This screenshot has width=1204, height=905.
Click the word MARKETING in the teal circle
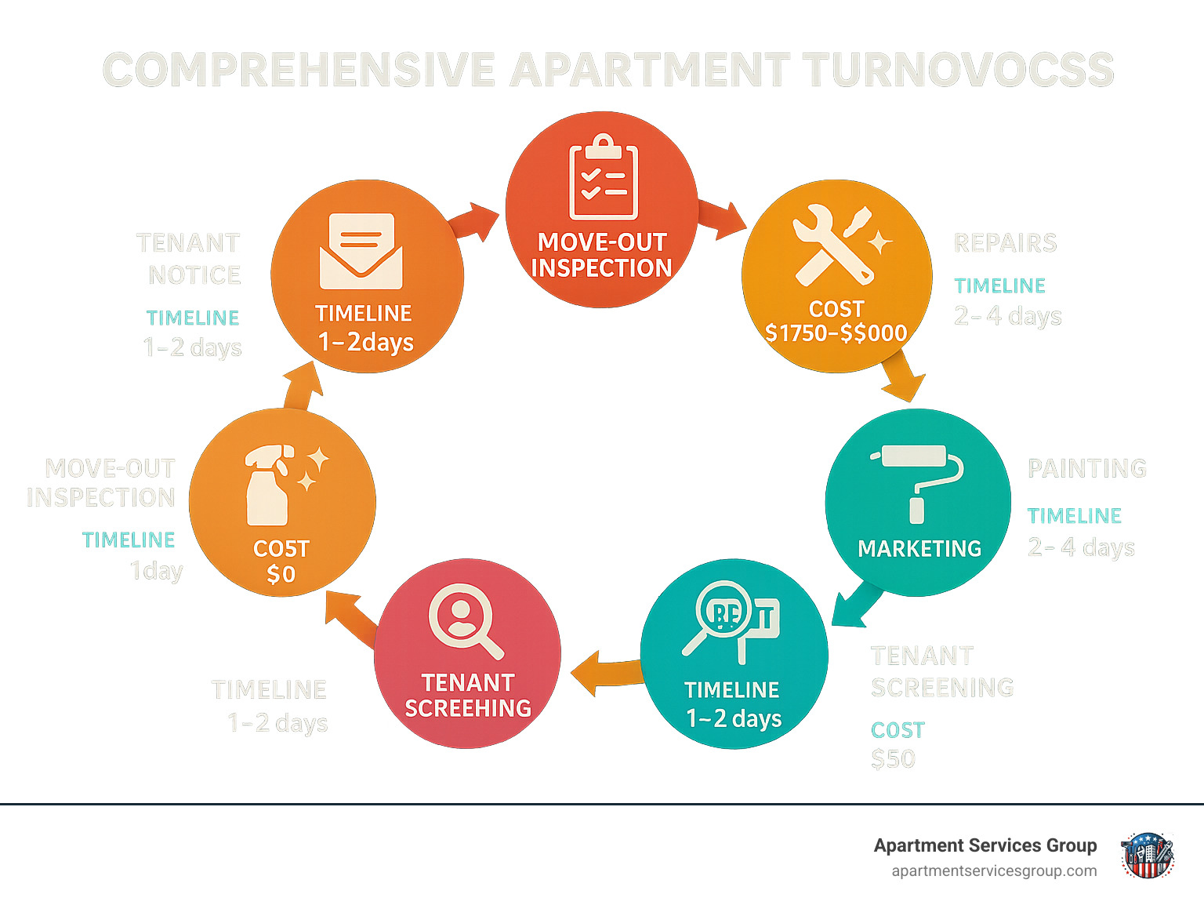pos(919,548)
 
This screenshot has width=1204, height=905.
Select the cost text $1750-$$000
pos(836,333)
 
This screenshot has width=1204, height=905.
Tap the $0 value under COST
pos(281,574)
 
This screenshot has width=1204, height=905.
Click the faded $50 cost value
pos(893,759)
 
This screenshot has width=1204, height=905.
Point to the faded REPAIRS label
pos(1005,243)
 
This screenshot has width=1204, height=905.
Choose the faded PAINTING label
pos(1086,468)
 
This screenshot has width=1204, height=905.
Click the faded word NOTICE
pos(194,275)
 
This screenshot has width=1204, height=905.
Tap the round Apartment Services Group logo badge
pos(1147,855)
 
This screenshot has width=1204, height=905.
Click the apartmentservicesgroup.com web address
pos(994,870)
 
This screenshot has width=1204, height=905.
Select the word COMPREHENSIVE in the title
pos(299,70)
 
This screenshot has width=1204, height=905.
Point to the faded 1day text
pos(157,570)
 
